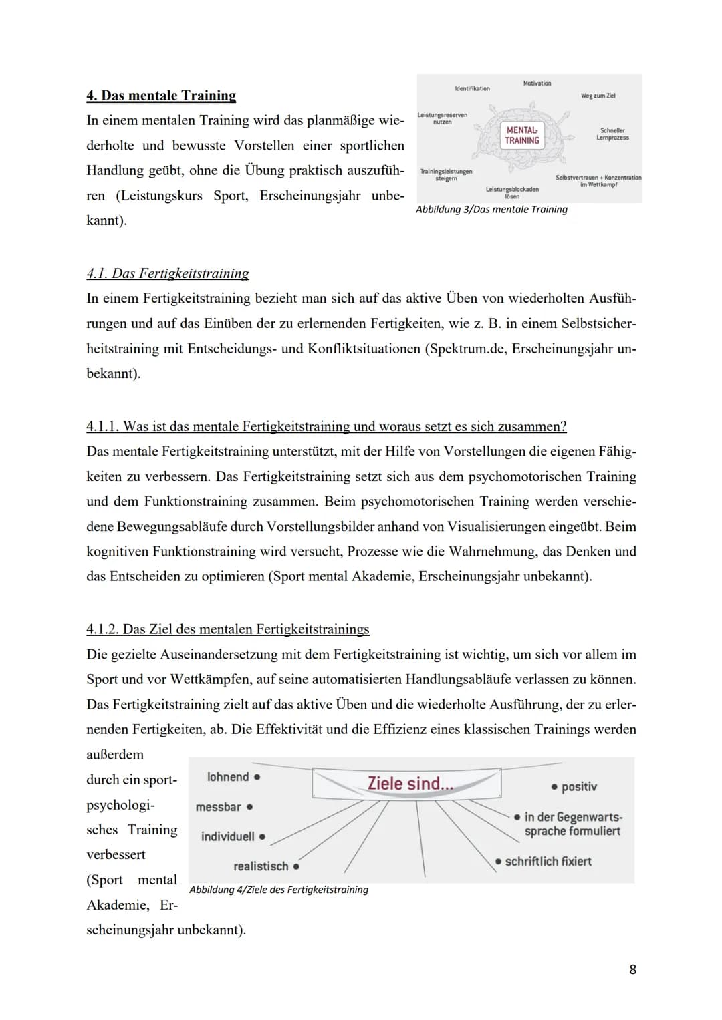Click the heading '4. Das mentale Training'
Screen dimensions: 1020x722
point(161,96)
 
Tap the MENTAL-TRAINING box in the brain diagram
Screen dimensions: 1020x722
point(522,136)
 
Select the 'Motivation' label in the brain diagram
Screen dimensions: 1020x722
point(537,83)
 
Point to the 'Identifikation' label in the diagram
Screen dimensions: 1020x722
point(472,88)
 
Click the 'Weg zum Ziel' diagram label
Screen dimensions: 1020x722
point(598,96)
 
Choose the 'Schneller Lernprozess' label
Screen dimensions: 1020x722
point(612,134)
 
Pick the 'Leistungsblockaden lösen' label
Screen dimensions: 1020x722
point(512,193)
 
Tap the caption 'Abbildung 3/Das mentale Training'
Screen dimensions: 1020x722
point(491,210)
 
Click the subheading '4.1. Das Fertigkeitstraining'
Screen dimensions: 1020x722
point(168,273)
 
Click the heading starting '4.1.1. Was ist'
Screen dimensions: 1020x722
point(326,426)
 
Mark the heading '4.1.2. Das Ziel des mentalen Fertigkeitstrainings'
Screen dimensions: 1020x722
point(228,629)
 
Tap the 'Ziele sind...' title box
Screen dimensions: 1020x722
point(409,783)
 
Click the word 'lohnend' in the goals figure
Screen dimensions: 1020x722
point(229,777)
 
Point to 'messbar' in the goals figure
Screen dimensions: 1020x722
point(219,807)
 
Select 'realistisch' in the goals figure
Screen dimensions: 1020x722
point(261,866)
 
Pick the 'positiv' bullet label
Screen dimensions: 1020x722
point(579,787)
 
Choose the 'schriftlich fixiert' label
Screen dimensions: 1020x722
point(548,862)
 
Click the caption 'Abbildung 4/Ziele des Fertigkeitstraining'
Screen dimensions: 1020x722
point(279,890)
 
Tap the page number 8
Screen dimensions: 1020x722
point(632,969)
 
